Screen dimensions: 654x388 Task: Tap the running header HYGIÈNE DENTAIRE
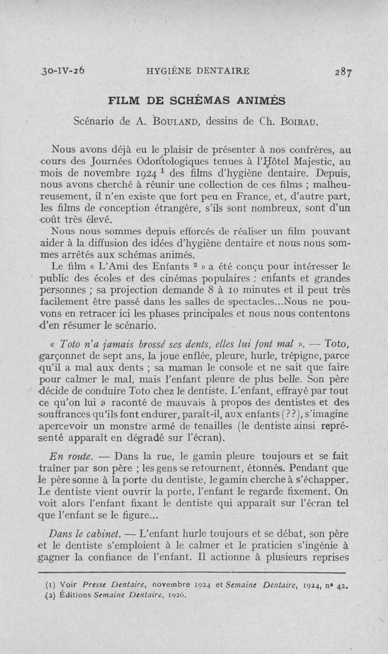click(x=198, y=71)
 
